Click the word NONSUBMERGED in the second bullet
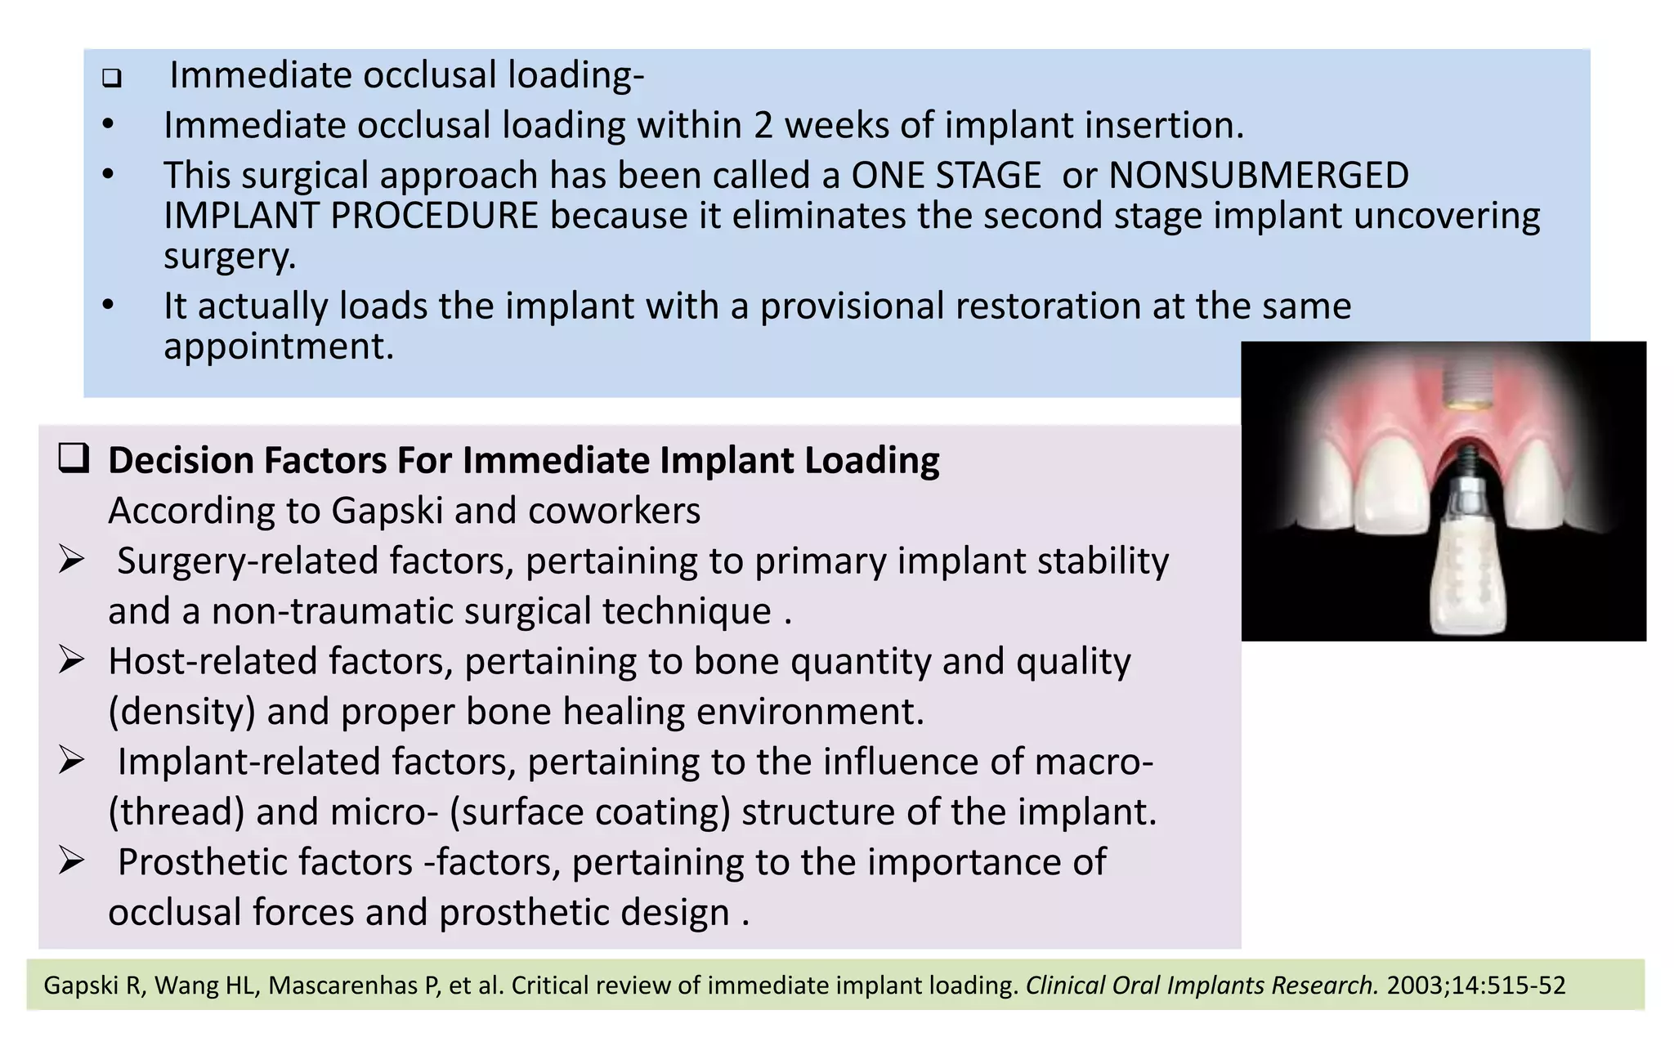(1258, 175)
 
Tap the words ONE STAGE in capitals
(946, 175)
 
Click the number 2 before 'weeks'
(763, 125)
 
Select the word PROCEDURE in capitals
(434, 216)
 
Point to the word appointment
(279, 346)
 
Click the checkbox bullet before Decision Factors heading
(74, 459)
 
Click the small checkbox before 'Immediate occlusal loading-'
(112, 79)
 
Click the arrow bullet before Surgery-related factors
(72, 561)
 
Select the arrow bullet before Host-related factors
(72, 661)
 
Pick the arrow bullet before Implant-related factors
(72, 762)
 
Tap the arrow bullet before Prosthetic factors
(72, 862)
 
